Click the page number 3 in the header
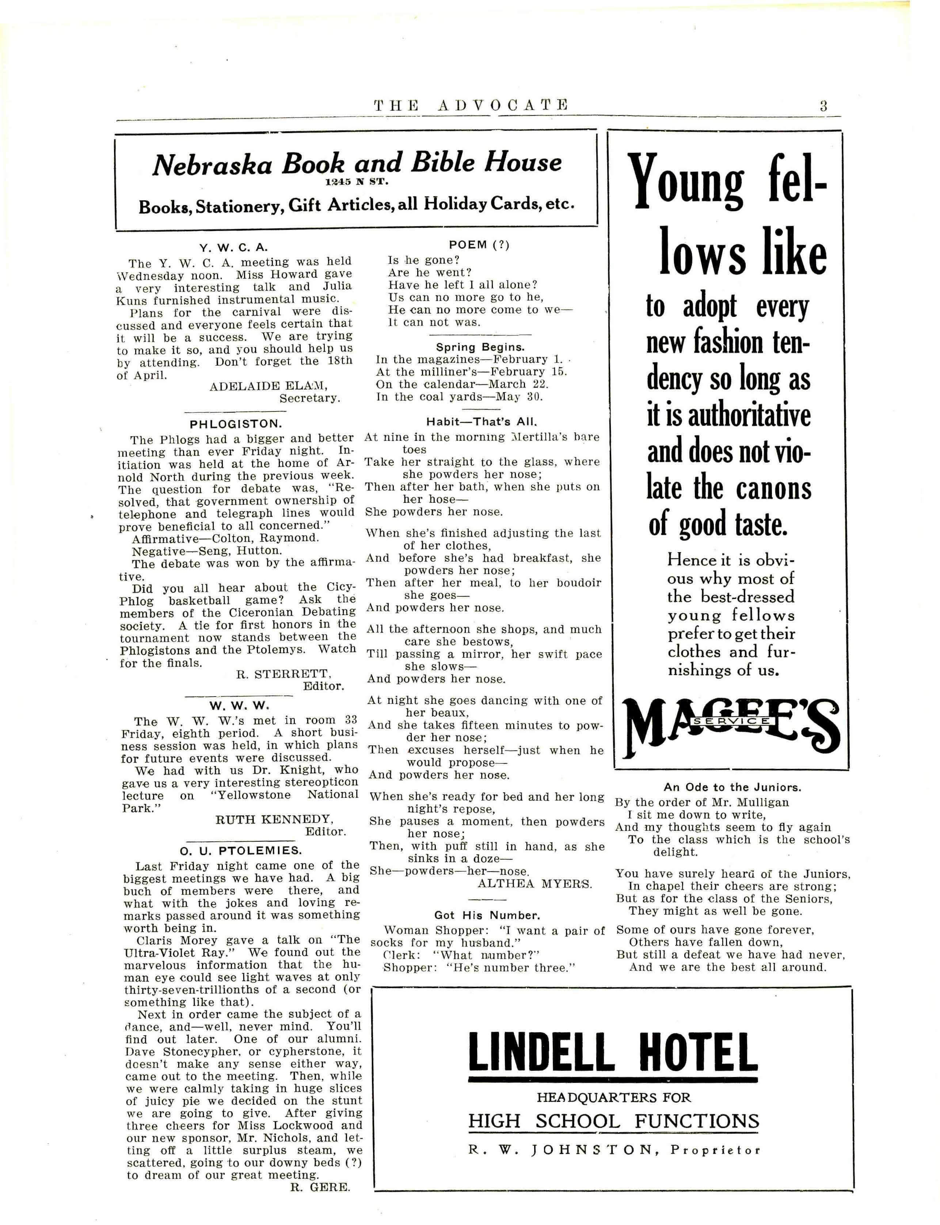click(823, 106)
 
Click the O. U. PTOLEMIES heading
click(241, 851)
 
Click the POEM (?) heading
click(479, 245)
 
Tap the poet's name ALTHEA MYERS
click(534, 884)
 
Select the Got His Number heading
click(487, 915)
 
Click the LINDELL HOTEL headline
click(613, 1052)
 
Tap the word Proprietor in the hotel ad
click(716, 1150)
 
